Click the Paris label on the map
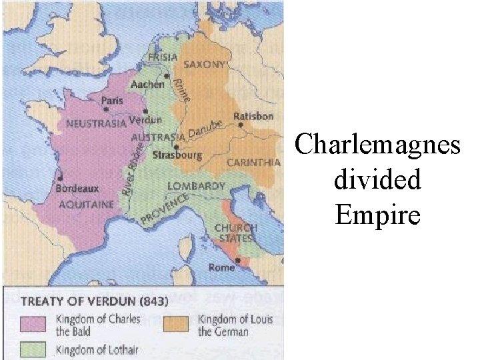[111, 101]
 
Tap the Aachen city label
[147, 85]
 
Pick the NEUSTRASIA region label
[95, 124]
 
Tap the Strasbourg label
[177, 155]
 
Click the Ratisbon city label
[253, 116]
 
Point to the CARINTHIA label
[253, 162]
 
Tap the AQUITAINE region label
[85, 205]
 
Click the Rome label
[222, 267]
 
